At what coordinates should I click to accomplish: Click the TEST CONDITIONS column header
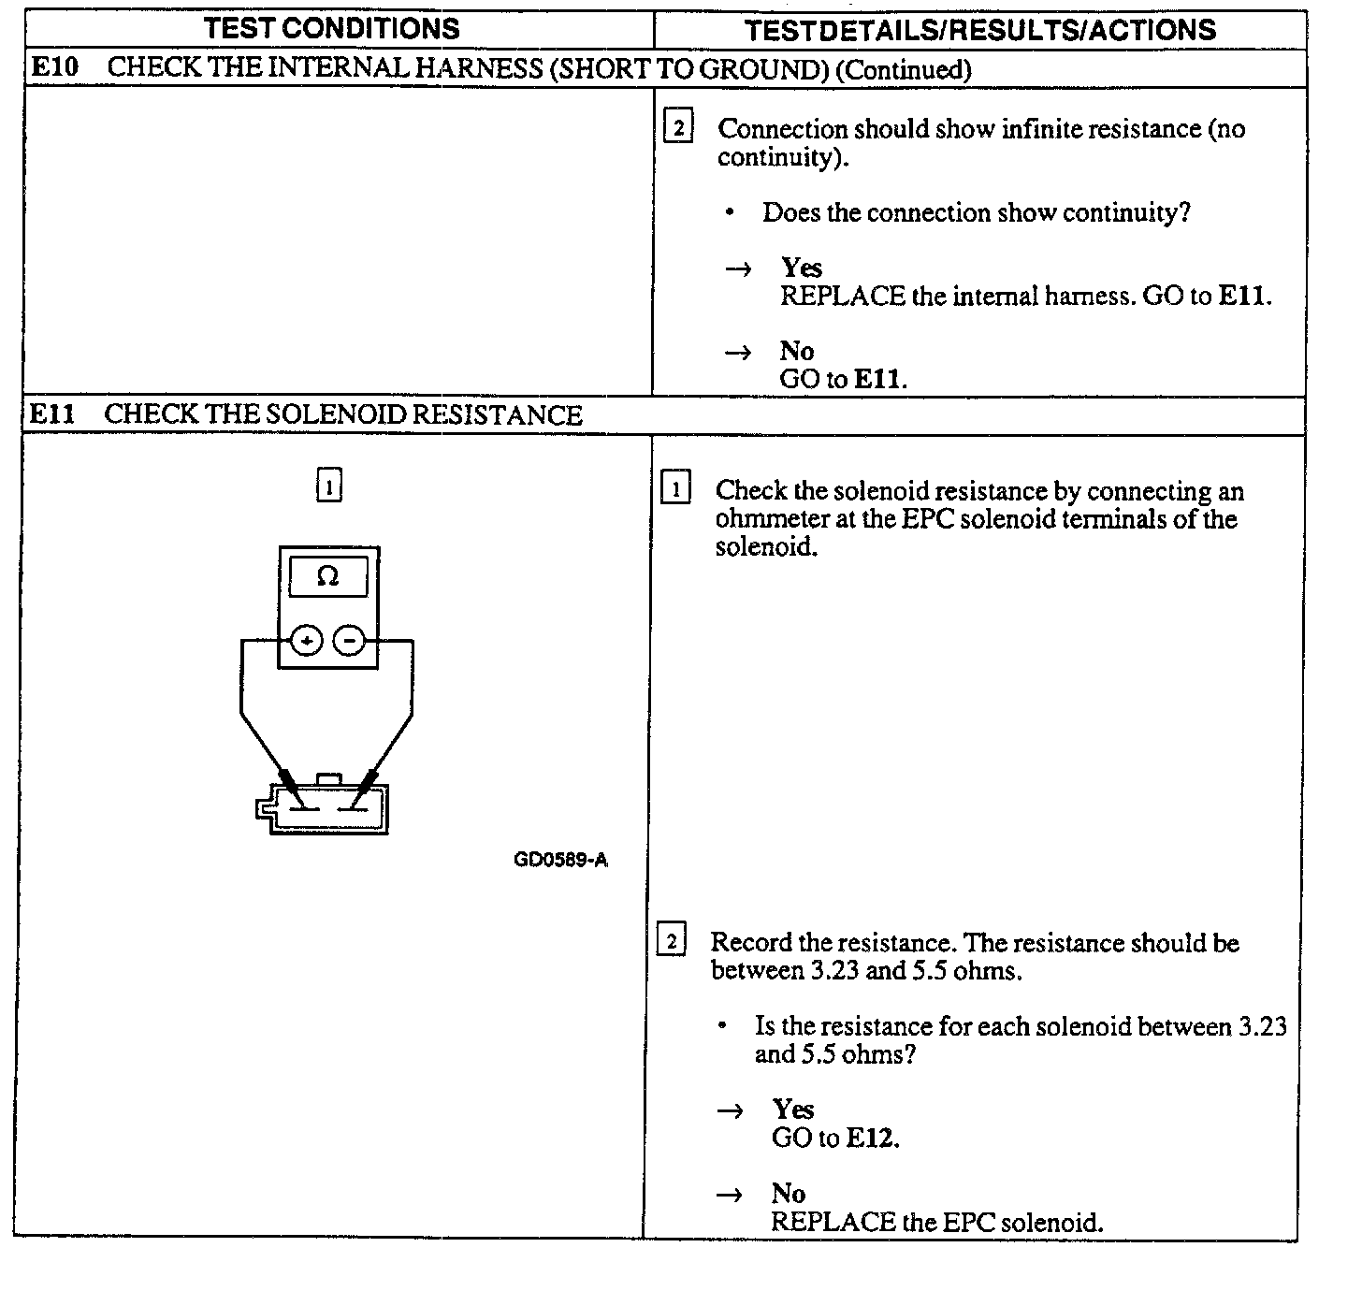[x=332, y=28]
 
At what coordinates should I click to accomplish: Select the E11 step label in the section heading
[x=52, y=413]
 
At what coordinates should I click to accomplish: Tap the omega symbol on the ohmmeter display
[x=327, y=576]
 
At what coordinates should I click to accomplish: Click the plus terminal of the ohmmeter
[x=307, y=641]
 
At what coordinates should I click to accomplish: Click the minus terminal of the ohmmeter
[x=349, y=641]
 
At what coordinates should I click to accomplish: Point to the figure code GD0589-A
[x=560, y=860]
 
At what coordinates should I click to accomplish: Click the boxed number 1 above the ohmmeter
[x=329, y=486]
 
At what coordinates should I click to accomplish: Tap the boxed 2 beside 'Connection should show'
[x=678, y=126]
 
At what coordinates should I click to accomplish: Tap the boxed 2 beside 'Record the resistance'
[x=672, y=939]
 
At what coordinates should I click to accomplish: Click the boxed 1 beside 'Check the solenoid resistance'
[x=675, y=488]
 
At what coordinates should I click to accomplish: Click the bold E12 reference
[x=871, y=1139]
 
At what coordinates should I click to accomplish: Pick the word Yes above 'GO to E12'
[x=793, y=1110]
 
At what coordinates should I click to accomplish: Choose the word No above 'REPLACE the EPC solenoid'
[x=788, y=1193]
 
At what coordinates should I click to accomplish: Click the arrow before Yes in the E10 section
[x=739, y=269]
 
